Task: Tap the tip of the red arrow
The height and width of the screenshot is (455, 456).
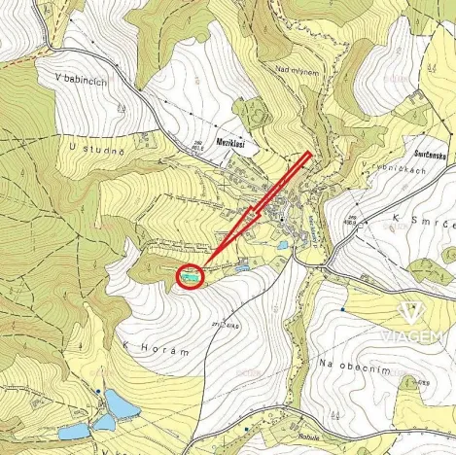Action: [205, 266]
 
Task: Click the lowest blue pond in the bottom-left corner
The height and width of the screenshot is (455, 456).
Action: [73, 431]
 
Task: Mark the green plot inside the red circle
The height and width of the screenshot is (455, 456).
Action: [191, 277]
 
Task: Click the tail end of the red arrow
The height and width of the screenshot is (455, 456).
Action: [308, 154]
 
